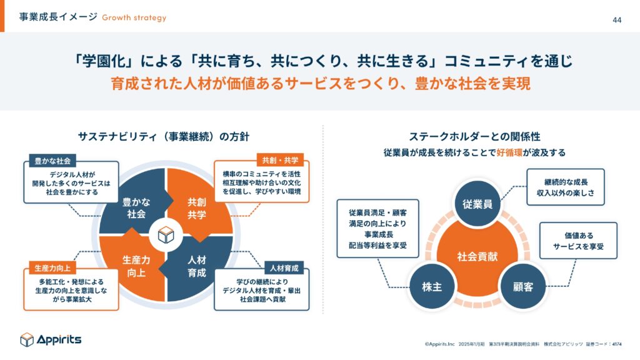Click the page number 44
pyautogui.click(x=617, y=20)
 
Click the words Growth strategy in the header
pyautogui.click(x=134, y=17)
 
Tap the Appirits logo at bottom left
pyautogui.click(x=51, y=339)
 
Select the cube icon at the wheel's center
pyautogui.click(x=166, y=235)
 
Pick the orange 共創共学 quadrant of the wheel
pyautogui.click(x=200, y=204)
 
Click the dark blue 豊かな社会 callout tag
pyautogui.click(x=52, y=161)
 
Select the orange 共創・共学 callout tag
pyautogui.click(x=280, y=161)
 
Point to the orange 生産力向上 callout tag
pyautogui.click(x=52, y=268)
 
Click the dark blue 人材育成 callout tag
pyautogui.click(x=284, y=268)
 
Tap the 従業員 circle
pyautogui.click(x=477, y=204)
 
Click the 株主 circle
pyautogui.click(x=432, y=286)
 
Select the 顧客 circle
pyautogui.click(x=523, y=286)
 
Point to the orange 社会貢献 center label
pyautogui.click(x=477, y=257)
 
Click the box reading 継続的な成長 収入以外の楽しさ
pyautogui.click(x=565, y=187)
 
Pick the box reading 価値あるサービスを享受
pyautogui.click(x=578, y=241)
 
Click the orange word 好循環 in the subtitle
pyautogui.click(x=509, y=152)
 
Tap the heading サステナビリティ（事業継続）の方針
pyautogui.click(x=163, y=136)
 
